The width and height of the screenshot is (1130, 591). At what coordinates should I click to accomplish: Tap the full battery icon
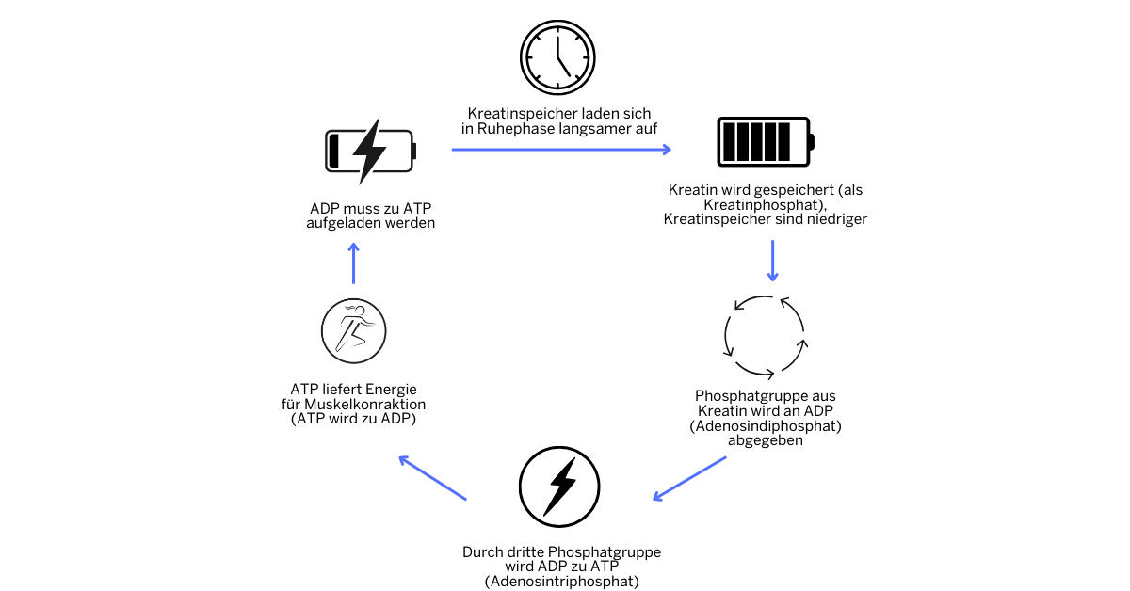[x=764, y=141]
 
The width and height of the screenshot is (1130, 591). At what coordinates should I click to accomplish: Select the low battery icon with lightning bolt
[x=370, y=151]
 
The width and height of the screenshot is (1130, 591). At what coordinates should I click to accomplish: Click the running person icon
[x=354, y=330]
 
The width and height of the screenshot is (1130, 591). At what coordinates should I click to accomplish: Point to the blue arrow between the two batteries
[x=561, y=150]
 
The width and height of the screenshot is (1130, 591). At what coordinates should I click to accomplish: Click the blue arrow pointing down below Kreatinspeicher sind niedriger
[x=772, y=261]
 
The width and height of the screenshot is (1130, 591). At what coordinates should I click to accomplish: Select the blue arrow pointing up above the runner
[x=354, y=264]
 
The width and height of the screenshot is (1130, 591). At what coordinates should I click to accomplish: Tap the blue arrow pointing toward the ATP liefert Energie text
[x=432, y=478]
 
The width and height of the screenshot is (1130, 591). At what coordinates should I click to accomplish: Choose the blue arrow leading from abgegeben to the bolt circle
[x=689, y=478]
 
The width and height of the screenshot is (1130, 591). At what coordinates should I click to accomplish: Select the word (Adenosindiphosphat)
[x=765, y=426]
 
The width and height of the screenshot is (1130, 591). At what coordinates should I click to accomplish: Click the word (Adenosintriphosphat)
[x=562, y=583]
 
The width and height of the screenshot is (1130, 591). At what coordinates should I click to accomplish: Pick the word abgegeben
[x=765, y=440]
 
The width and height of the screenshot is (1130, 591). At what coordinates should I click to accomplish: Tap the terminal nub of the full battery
[x=812, y=142]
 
